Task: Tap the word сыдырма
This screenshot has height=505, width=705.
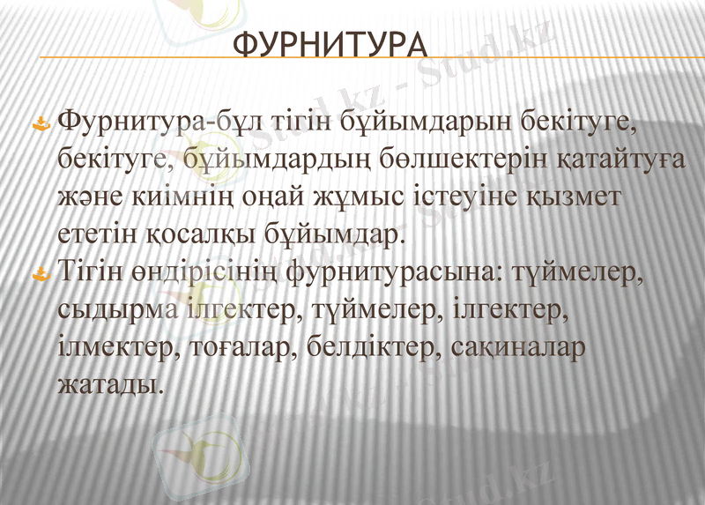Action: pyautogui.click(x=117, y=310)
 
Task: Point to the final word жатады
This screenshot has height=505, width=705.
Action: pyautogui.click(x=109, y=384)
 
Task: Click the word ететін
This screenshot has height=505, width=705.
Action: pyautogui.click(x=97, y=234)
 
